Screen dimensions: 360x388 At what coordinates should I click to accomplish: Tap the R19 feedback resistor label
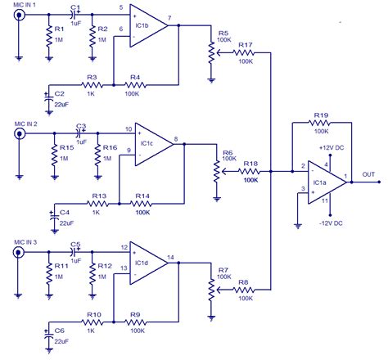pos(320,117)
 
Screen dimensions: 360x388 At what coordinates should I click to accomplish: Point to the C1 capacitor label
pos(75,8)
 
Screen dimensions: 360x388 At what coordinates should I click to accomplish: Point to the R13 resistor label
pos(98,196)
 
